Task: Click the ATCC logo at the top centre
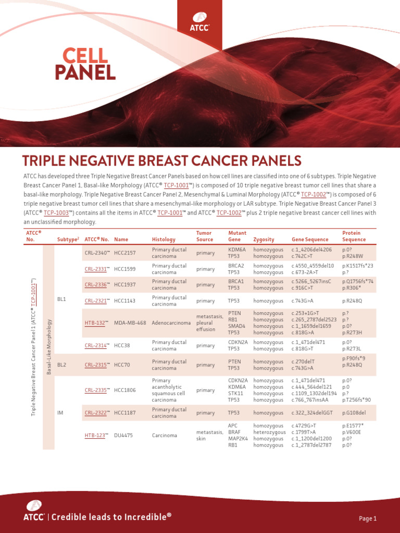point(199,22)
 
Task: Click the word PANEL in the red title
point(85,73)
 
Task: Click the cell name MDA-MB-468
point(130,323)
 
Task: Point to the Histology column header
point(164,239)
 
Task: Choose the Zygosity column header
point(264,239)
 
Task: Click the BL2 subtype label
point(61,365)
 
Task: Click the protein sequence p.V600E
point(352,432)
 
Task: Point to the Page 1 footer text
point(368,518)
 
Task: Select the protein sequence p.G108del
point(354,413)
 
